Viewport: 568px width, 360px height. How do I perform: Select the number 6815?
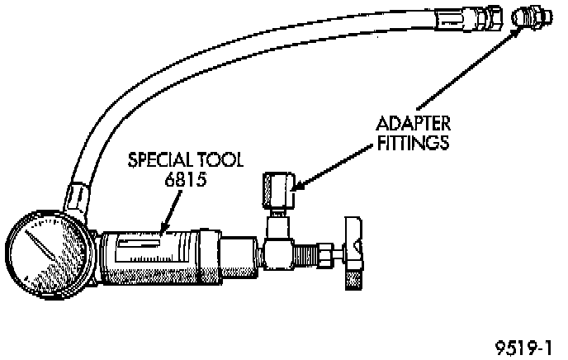point(184,178)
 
